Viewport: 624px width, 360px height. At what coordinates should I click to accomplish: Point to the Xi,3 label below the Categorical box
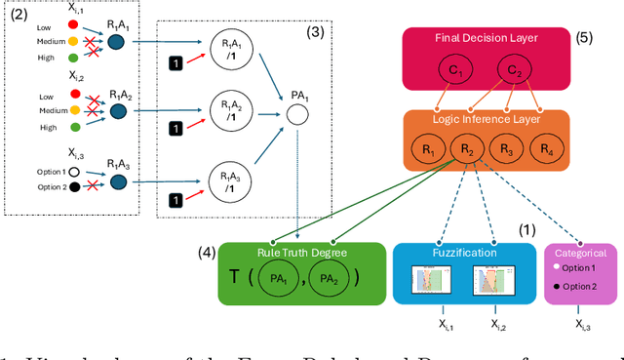coord(581,325)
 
